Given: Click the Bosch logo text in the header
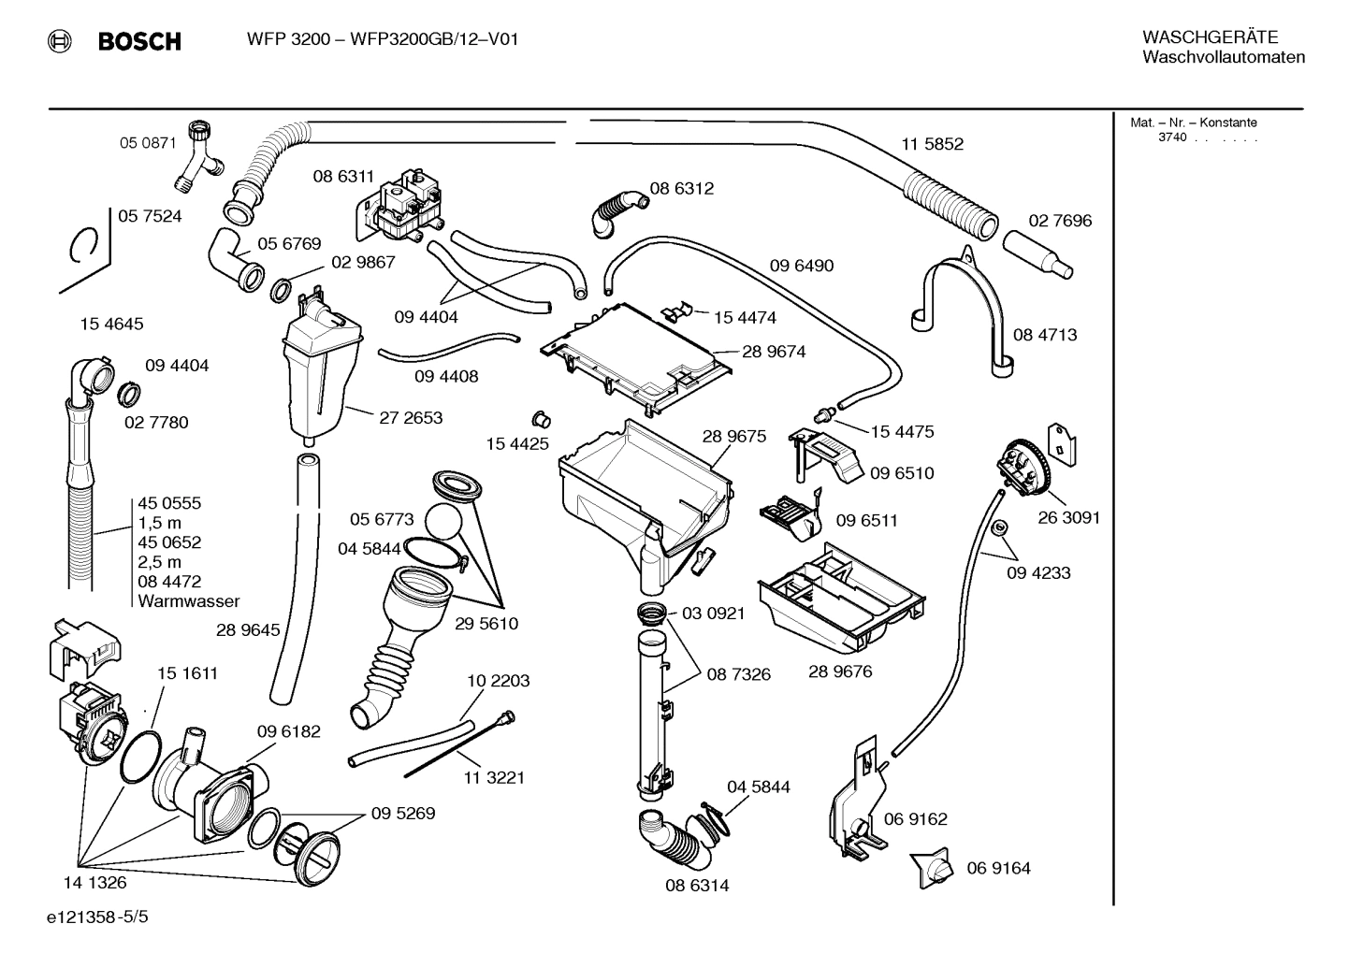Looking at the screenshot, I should pyautogui.click(x=138, y=41).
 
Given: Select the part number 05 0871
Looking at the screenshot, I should pyautogui.click(x=147, y=143).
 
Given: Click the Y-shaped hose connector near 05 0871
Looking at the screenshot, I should pyautogui.click(x=199, y=157).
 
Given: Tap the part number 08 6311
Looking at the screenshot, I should pyautogui.click(x=343, y=176).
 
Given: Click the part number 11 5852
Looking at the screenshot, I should pyautogui.click(x=932, y=144).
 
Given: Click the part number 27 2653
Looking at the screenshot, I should pyautogui.click(x=411, y=418).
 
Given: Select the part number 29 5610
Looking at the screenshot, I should pyautogui.click(x=486, y=624).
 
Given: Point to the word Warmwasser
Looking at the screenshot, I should pyautogui.click(x=188, y=601).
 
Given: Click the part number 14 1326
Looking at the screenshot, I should pyautogui.click(x=94, y=882).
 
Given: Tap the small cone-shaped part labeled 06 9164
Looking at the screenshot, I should pyautogui.click(x=934, y=869).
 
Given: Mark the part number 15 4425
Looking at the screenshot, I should pyautogui.click(x=517, y=443).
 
